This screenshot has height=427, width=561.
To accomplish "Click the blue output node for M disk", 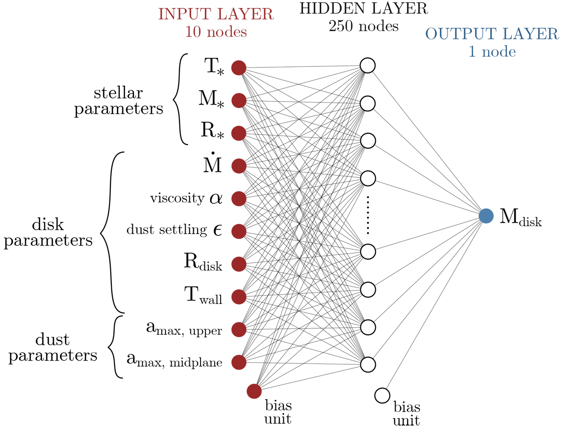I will point(486,216).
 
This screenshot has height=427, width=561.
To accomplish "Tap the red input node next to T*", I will point(239,68).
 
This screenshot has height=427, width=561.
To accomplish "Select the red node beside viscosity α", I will point(239,198).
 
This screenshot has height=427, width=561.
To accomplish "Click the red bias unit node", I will point(254,391).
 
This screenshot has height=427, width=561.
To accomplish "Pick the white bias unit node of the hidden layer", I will point(382,395).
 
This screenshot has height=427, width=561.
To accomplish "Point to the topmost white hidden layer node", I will point(368,65).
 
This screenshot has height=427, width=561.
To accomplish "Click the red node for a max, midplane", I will point(239,362).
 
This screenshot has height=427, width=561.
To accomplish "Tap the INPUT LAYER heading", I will point(216,14).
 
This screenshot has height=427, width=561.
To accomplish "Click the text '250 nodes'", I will point(363,26).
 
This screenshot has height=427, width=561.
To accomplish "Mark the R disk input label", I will point(202,262).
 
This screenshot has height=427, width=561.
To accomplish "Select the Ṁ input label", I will point(213,165).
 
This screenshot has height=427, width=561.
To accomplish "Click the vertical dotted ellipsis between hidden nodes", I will point(368,215).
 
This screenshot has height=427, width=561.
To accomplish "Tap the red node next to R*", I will point(239,133).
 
